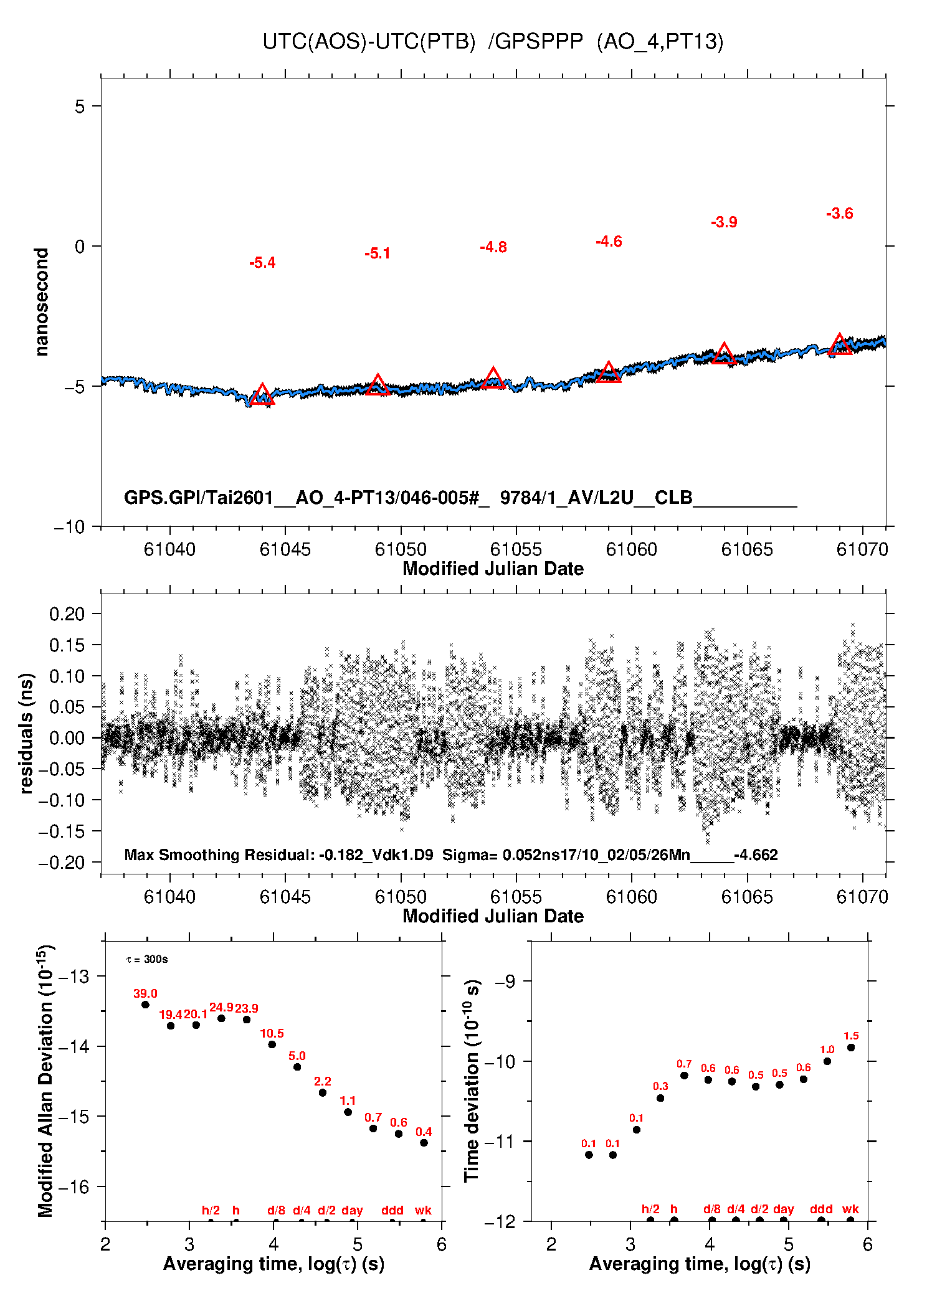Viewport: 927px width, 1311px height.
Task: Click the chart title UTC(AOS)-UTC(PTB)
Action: point(369,42)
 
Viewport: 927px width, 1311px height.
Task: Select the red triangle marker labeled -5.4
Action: point(262,395)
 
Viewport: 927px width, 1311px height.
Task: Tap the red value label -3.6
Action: point(839,214)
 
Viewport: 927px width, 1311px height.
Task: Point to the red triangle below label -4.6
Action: point(609,372)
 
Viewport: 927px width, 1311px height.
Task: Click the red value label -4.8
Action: point(493,247)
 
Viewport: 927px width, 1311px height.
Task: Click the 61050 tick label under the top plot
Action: point(401,549)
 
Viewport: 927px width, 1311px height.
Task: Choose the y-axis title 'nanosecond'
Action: point(42,302)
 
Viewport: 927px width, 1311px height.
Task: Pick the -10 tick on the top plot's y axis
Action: point(69,527)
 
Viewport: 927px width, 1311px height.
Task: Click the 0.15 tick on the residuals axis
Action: point(67,645)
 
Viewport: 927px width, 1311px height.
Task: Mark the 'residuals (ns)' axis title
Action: point(26,733)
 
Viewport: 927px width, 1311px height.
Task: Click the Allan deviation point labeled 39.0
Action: point(145,1005)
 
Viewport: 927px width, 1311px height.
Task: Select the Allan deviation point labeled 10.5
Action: point(272,1044)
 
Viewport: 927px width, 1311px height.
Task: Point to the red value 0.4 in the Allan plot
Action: point(424,1132)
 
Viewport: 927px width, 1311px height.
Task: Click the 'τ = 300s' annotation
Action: point(147,960)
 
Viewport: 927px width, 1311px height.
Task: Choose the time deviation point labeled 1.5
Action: point(851,1048)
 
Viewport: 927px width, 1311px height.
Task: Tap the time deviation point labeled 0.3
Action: point(660,1098)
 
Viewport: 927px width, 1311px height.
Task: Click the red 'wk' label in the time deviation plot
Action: point(850,1209)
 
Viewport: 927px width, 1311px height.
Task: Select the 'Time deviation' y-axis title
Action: point(472,1081)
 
